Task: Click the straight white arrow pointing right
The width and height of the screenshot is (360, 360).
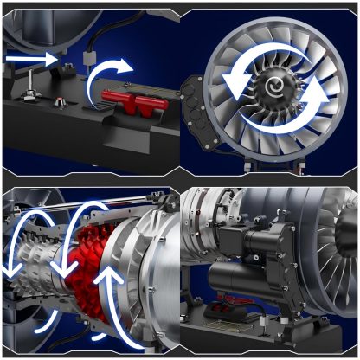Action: coord(30,58)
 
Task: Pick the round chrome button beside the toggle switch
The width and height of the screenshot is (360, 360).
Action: coord(59,102)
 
